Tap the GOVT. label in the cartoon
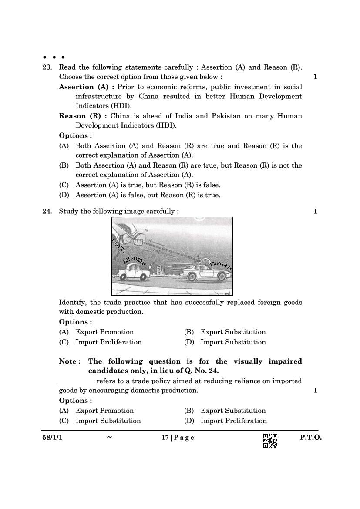tap(118, 246)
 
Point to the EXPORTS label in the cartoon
tap(135, 260)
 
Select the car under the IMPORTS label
tap(206, 273)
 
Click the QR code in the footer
tap(270, 441)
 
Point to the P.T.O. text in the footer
tap(310, 438)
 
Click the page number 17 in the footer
tap(165, 438)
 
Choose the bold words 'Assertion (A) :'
tap(87, 87)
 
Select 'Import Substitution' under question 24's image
tap(233, 342)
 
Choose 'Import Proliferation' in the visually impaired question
tap(233, 421)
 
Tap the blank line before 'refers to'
tap(77, 381)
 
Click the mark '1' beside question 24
tap(315, 212)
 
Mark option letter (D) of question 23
tap(64, 195)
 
